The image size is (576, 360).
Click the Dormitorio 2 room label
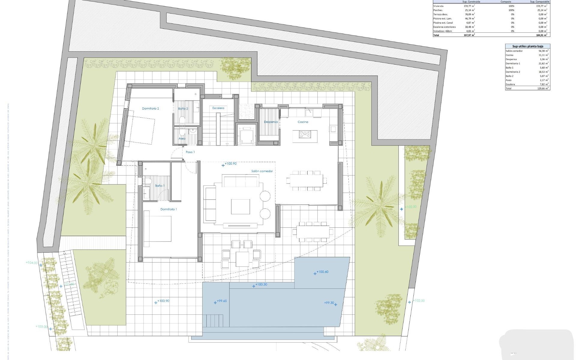tap(150, 109)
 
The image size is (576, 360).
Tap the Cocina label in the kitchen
tap(303, 122)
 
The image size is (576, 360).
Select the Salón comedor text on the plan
tap(262, 171)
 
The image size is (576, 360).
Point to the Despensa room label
tap(271, 122)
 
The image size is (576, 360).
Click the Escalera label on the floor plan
tap(218, 108)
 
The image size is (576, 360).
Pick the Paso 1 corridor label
tap(190, 152)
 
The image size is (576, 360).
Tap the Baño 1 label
tap(160, 186)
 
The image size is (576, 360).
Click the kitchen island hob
tap(305, 134)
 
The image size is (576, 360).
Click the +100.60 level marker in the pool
tap(322, 272)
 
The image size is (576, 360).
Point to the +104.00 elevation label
tap(32, 263)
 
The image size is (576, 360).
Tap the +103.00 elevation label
tap(41, 327)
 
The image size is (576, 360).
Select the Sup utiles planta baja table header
tap(527, 46)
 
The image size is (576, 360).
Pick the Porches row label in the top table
tap(438, 10)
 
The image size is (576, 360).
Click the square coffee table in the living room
tap(240, 206)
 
